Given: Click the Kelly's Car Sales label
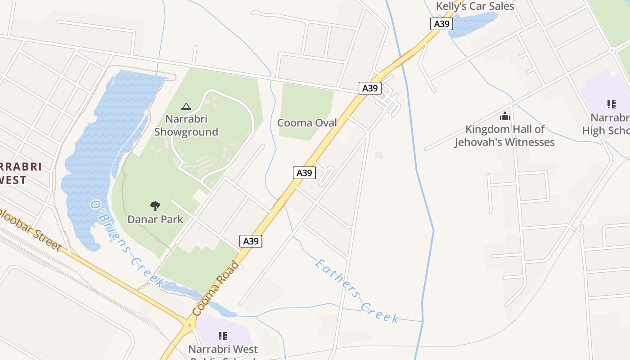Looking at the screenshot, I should (475, 6).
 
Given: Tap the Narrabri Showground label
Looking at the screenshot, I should (186, 126).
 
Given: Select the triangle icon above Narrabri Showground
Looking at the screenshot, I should (186, 107).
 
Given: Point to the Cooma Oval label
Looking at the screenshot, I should (307, 122).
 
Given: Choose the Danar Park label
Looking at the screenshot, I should (155, 220).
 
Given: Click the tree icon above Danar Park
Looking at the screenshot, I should (155, 206).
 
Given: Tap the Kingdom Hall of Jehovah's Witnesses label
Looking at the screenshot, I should (504, 136).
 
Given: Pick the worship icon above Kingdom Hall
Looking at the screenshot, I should (505, 117).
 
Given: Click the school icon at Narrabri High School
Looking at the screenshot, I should (611, 105).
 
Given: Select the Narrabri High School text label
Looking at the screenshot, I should (607, 124).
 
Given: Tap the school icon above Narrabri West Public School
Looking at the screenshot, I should (222, 336).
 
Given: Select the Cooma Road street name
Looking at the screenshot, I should (215, 288).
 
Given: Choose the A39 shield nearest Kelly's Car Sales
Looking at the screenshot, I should (441, 24).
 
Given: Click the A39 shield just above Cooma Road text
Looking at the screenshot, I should (251, 241).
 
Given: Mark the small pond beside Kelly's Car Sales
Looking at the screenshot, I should (472, 22).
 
